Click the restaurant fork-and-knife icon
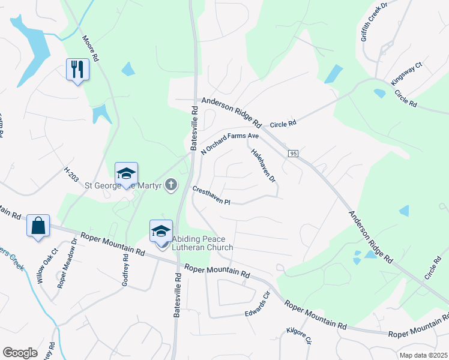click(77, 69)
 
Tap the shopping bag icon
click(38, 226)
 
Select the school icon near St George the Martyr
click(126, 173)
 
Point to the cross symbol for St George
click(171, 184)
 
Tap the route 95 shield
click(293, 154)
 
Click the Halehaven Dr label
click(263, 166)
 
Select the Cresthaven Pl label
click(211, 196)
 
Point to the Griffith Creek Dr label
click(375, 21)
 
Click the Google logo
click(20, 353)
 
